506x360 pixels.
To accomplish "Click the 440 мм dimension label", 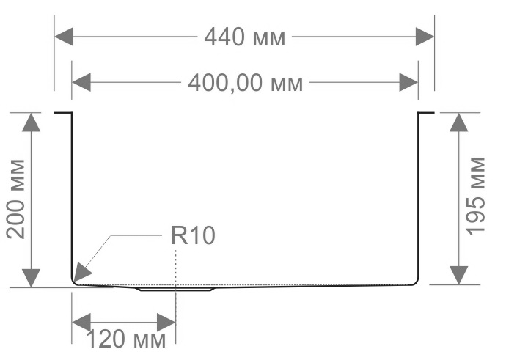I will coord(244,36).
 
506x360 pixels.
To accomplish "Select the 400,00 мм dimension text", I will coord(245,83).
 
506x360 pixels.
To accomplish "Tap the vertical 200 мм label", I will coord(16,198).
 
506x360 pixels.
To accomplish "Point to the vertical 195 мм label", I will coord(477,195).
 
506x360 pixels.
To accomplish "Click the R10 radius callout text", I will coord(193,236).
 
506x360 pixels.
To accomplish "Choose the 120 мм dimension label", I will coord(127,339).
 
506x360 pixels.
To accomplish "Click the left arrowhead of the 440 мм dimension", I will coord(64,36).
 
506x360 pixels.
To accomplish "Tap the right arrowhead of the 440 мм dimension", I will coord(425,36).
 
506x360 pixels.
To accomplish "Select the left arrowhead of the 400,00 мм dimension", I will coord(81,82).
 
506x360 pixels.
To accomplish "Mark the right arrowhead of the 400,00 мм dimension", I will coord(408,82).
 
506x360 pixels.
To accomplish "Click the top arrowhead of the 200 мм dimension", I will coord(31,122).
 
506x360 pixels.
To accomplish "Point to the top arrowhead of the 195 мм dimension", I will coord(458,122).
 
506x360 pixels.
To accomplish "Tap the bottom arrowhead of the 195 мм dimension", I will coord(458,274).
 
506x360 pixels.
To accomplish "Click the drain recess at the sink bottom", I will coord(176,289).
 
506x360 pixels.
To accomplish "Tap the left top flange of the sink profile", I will coord(63,113).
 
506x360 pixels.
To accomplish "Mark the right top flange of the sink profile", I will coord(426,113).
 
